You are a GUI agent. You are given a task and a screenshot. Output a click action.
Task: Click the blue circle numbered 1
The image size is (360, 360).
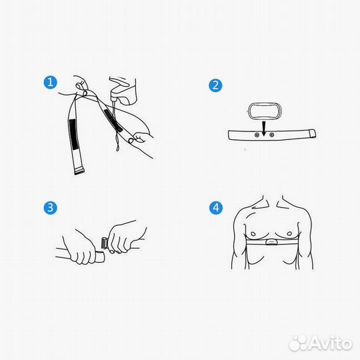click(50, 82)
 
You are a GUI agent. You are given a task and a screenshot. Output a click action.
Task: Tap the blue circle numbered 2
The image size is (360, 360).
click(215, 85)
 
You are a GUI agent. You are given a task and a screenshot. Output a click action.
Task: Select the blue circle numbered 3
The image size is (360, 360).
click(50, 208)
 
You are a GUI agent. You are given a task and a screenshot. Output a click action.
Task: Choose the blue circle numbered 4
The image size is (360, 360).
click(216, 208)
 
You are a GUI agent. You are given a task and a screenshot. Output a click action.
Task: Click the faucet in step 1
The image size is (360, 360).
click(123, 91)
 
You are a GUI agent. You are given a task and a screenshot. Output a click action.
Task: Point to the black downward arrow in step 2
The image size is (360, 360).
click(264, 129)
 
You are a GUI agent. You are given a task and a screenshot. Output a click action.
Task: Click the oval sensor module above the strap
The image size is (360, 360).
click(264, 111)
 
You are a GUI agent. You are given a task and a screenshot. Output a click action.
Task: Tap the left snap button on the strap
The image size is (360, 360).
click(257, 135)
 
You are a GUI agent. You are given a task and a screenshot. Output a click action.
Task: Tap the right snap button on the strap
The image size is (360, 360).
click(271, 135)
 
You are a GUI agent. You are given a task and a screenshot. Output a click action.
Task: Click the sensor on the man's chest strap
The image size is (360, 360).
click(271, 242)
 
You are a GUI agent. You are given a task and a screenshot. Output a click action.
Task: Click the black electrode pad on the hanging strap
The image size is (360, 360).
click(74, 134)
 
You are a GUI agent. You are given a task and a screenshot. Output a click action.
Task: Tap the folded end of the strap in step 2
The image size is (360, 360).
click(313, 133)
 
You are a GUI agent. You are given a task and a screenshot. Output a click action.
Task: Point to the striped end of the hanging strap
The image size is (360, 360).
click(79, 171)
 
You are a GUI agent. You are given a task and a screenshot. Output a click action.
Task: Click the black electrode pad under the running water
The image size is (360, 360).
click(113, 120)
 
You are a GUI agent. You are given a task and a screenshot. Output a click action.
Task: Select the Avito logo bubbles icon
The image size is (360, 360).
click(298, 343)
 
